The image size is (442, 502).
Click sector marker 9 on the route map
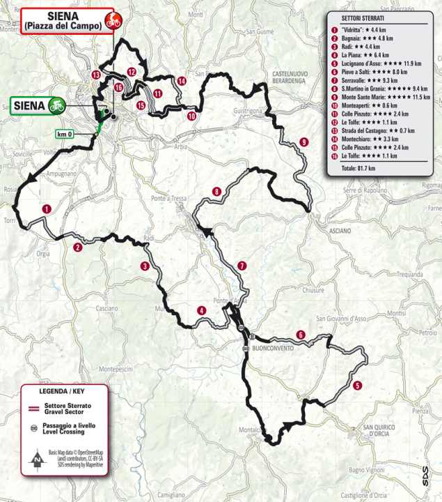click(x=304, y=142)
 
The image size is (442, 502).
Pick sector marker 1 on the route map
click(x=46, y=208)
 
